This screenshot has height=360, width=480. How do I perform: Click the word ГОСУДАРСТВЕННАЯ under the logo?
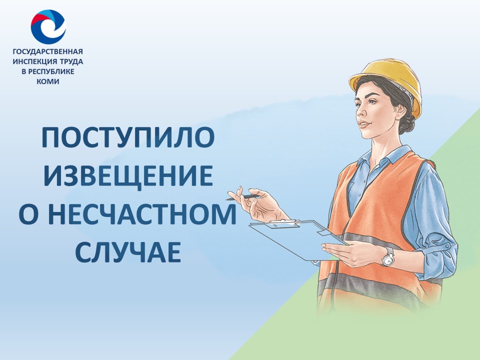click(x=48, y=51)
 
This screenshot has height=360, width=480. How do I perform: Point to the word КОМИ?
click(x=48, y=81)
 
